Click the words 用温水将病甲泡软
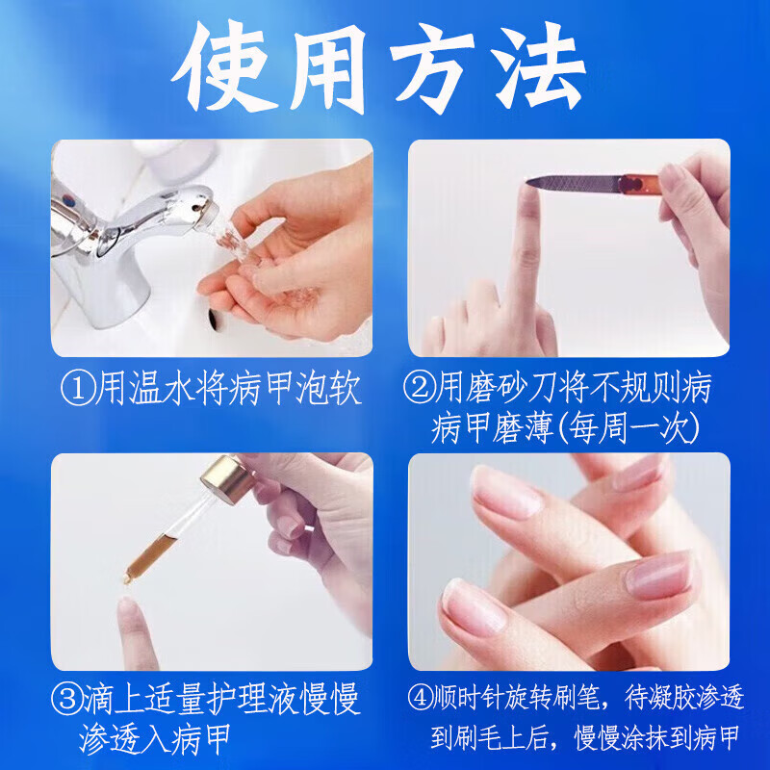(226, 390)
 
